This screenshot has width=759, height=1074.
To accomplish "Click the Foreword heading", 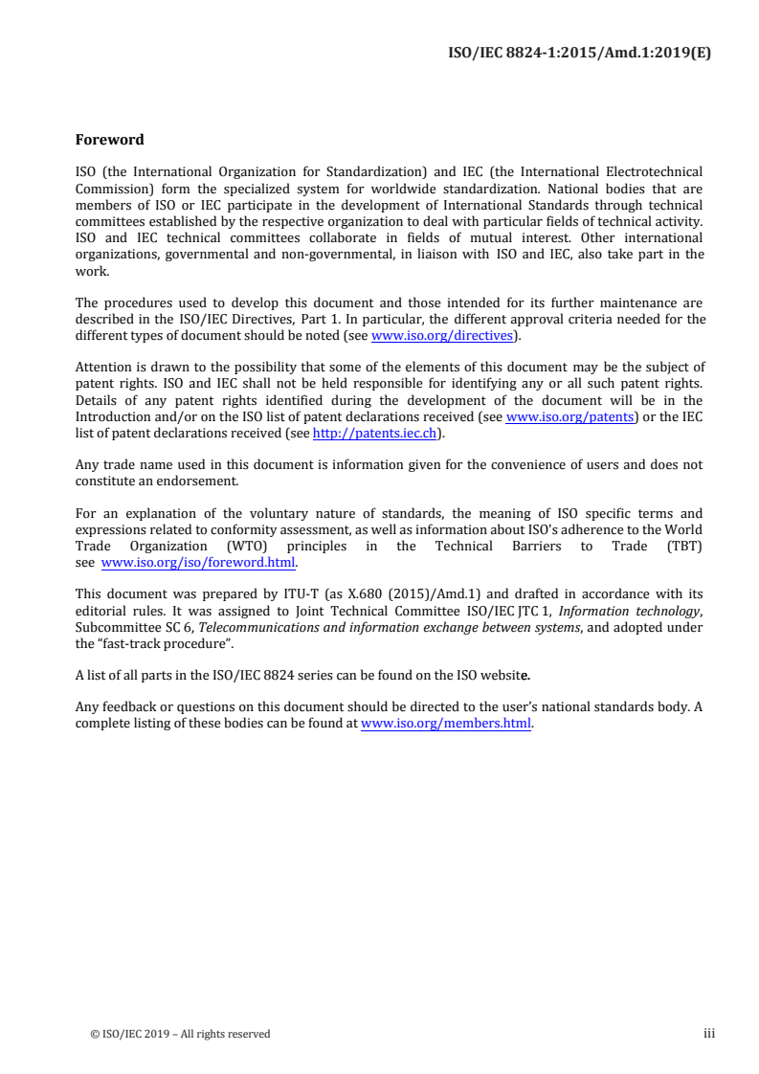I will coord(109,140).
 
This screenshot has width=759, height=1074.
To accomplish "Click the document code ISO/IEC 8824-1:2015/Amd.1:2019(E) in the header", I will coord(579,53).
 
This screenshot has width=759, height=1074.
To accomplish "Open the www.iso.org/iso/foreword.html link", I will coord(198,562).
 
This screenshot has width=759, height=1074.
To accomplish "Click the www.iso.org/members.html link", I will coord(445,724).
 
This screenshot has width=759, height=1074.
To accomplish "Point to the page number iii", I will coord(708,1033).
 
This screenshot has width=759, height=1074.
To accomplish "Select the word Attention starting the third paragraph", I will coord(103,369).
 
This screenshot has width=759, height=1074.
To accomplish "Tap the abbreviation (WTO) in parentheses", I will coord(248,546).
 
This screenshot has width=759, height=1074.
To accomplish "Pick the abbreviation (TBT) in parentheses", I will coord(681,546).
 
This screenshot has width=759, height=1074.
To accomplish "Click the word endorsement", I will coord(197,481).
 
